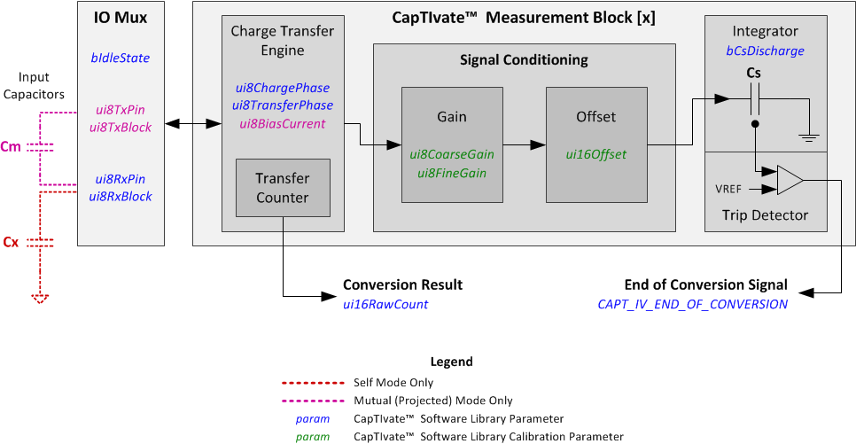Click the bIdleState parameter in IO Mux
click(x=120, y=58)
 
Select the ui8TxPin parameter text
click(x=120, y=110)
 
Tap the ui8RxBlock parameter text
click(x=120, y=196)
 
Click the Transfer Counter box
click(x=283, y=188)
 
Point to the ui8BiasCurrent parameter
click(x=282, y=123)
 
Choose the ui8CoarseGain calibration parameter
click(x=452, y=154)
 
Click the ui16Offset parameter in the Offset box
click(x=595, y=154)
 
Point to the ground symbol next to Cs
click(x=808, y=136)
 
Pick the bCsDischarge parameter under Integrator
click(x=765, y=52)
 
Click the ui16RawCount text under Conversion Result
click(x=385, y=304)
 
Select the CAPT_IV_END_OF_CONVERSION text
click(x=692, y=304)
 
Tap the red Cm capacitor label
click(x=12, y=147)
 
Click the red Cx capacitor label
click(x=11, y=241)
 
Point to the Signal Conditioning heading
click(x=524, y=60)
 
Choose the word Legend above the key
click(x=451, y=362)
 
